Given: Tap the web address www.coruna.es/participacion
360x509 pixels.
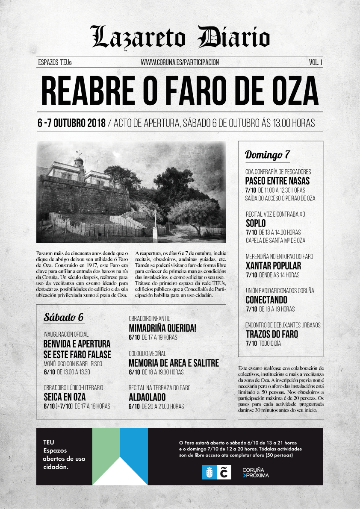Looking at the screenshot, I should tap(180, 62).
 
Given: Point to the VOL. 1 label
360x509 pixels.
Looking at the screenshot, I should tap(315, 62).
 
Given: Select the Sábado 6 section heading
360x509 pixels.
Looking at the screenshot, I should tap(64, 318).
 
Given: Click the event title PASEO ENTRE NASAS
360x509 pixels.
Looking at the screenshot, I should tap(277, 181).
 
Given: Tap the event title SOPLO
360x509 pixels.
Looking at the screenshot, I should tap(256, 224).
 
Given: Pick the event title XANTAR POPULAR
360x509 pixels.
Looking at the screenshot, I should tap(273, 266).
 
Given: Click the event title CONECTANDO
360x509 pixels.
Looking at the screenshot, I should tap(266, 300).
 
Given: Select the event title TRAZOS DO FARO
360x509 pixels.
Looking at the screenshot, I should tap(272, 334).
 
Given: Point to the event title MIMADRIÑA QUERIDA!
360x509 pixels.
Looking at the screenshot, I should tap(162, 328).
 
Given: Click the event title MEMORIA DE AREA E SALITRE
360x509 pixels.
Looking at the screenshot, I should tap(174, 363).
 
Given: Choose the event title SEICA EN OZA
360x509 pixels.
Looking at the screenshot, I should tap(65, 397).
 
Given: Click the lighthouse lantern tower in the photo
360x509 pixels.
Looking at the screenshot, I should tap(79, 163).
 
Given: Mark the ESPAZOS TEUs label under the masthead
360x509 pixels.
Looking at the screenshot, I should tap(55, 62).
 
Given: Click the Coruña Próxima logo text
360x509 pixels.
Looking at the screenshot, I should tap(256, 472).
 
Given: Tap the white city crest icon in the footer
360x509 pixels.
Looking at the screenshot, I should tap(209, 472).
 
